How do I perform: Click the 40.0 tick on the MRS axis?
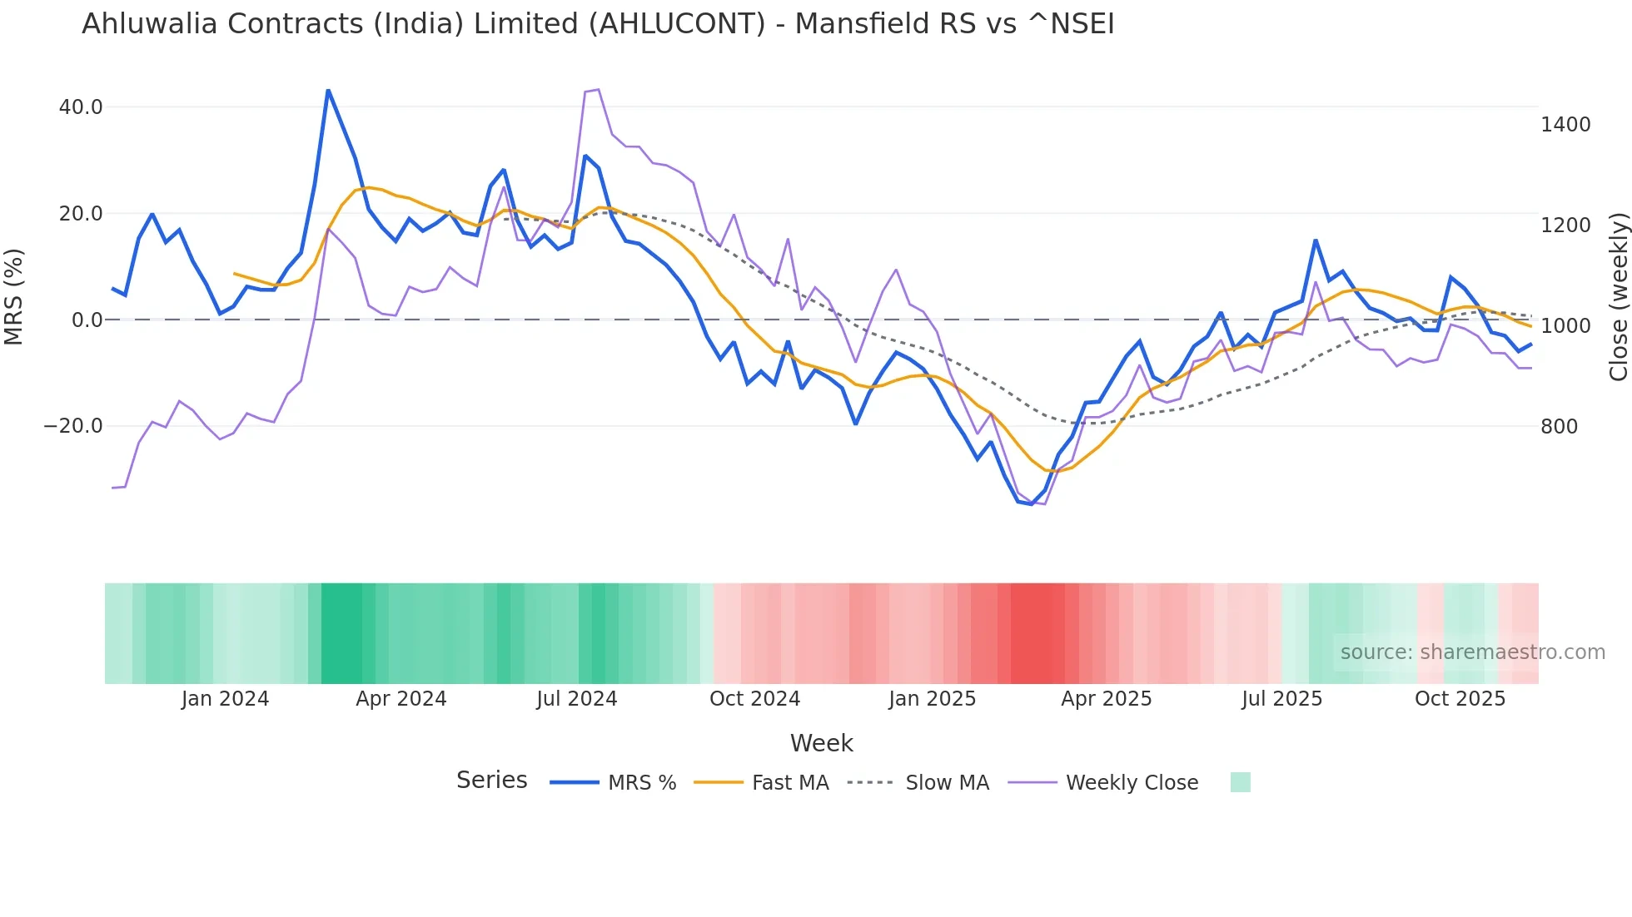pos(81,107)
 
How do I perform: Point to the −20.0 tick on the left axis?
pos(73,426)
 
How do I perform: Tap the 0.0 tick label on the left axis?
pos(87,320)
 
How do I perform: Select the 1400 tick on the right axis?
pos(1565,125)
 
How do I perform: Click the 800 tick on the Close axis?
pos(1559,427)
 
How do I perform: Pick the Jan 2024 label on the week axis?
pos(225,699)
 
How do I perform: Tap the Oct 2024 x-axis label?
pos(754,699)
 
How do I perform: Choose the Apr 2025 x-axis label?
pos(1106,699)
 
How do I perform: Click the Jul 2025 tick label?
pos(1281,699)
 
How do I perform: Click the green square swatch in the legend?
pos(1240,782)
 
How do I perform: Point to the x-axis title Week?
pos(821,743)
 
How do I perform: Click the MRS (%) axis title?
pos(14,296)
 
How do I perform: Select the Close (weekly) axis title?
pos(1618,296)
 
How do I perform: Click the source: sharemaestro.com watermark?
pos(1472,652)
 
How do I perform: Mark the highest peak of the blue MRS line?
pos(328,90)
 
